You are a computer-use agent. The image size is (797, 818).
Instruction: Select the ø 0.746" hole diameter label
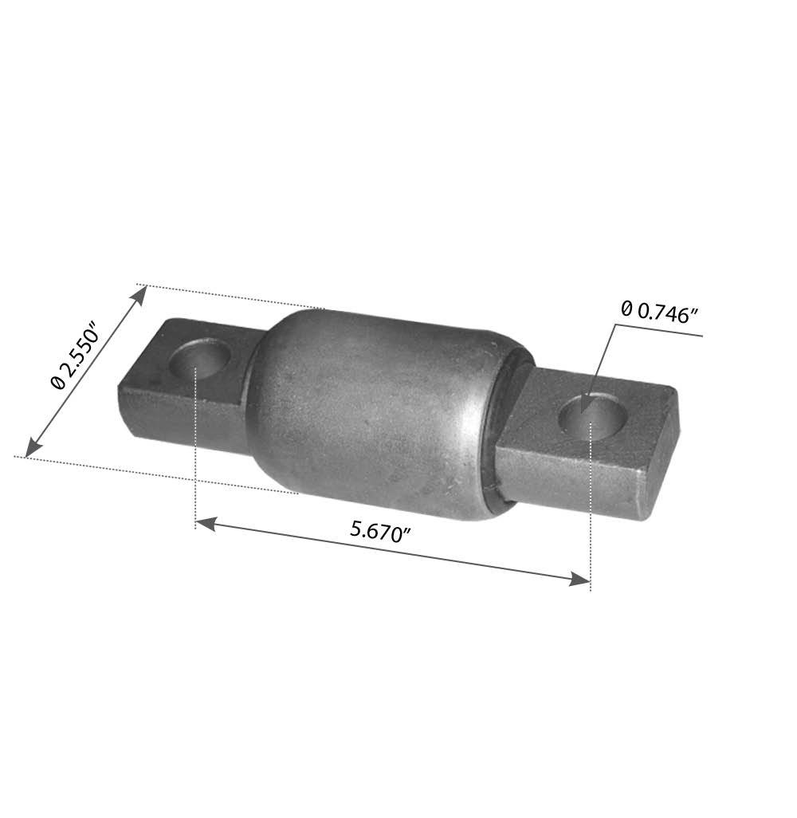pos(659,313)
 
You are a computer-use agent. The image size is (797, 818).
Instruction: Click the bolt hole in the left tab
pos(201,358)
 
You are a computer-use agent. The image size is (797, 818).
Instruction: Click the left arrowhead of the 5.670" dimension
pos(206,523)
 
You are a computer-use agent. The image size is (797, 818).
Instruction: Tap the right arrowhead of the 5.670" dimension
pos(579,578)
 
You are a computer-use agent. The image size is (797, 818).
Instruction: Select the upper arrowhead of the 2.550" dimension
pos(139,293)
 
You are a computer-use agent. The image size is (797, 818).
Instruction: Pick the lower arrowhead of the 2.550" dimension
pos(33,448)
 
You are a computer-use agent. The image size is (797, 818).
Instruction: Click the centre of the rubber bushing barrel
pos(375,412)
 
